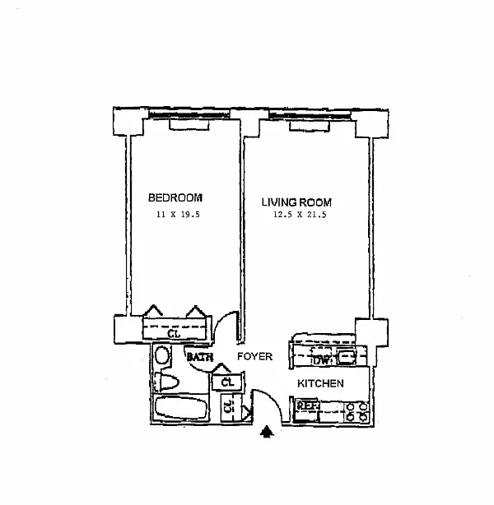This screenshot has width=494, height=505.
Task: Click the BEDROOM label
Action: click(x=175, y=197)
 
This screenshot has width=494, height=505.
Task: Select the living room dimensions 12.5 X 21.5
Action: click(x=295, y=216)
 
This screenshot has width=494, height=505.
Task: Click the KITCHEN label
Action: click(x=320, y=383)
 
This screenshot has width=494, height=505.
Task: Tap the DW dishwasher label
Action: click(x=320, y=359)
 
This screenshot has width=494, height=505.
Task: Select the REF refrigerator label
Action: click(x=306, y=405)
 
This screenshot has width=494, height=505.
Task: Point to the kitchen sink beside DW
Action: click(x=347, y=358)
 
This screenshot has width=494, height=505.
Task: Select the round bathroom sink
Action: click(x=162, y=356)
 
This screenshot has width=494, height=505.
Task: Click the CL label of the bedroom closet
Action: click(x=173, y=334)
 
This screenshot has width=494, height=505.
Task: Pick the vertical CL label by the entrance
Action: click(x=228, y=407)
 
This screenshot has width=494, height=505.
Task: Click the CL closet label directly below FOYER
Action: click(x=228, y=382)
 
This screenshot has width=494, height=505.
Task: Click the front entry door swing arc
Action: click(x=267, y=403)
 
